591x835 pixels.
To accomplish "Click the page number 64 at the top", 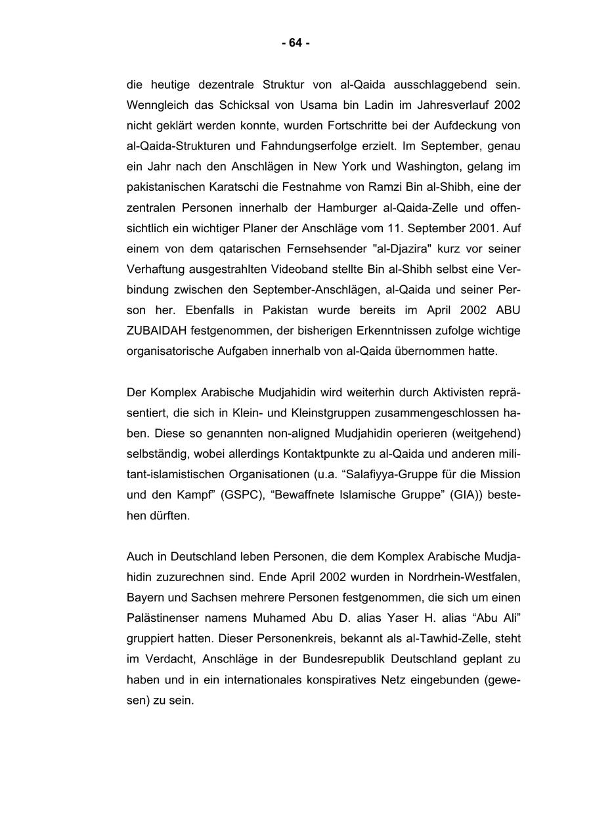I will point(295,43).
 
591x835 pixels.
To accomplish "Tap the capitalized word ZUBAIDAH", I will point(152,331).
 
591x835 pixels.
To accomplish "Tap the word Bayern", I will point(144,598).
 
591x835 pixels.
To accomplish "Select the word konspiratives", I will point(341,680).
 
